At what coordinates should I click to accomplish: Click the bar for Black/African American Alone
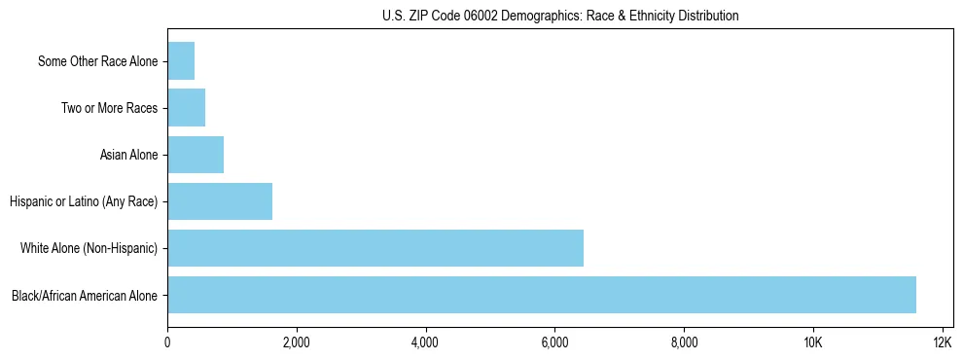coord(542,295)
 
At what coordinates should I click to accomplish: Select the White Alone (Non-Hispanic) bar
coord(375,248)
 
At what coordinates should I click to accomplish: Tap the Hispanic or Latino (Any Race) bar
coord(220,201)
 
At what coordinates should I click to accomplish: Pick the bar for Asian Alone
coord(196,155)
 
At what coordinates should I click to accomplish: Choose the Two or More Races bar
coord(187,108)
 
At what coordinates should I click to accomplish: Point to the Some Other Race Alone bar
coord(181,61)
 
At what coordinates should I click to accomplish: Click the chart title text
coord(560,16)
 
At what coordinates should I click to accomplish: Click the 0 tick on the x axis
coord(167,343)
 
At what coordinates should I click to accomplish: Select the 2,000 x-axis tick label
coord(297,343)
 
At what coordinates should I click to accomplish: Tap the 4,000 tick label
coord(425,343)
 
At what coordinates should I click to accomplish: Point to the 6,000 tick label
coord(554,343)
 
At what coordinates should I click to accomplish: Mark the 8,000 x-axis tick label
coord(684,343)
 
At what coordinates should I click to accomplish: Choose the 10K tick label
coord(813,343)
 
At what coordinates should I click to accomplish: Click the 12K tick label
coord(942,343)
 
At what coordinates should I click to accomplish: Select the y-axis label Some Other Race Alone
coord(97,62)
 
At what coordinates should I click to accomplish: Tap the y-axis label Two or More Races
coord(109,109)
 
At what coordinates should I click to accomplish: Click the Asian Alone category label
coord(128,156)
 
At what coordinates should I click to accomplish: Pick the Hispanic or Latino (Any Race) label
coord(84,202)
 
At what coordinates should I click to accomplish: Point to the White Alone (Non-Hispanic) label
coord(89,249)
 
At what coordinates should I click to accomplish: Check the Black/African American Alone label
coord(85,296)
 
